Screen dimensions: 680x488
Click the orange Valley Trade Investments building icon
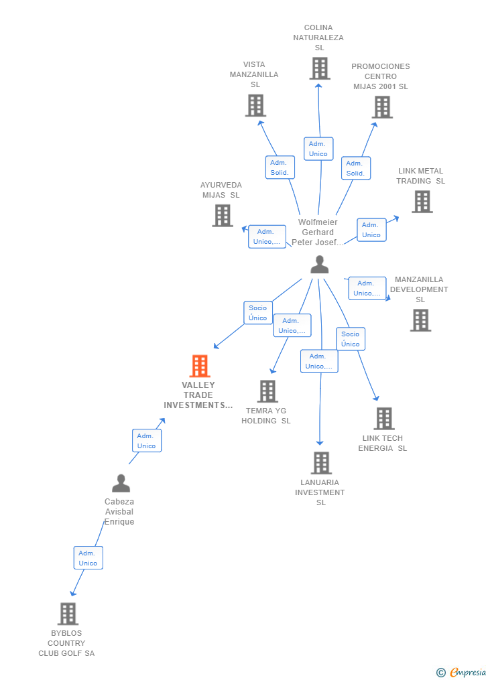click(x=200, y=366)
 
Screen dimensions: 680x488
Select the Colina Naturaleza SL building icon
click(x=320, y=68)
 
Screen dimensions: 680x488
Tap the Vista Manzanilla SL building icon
click(x=255, y=106)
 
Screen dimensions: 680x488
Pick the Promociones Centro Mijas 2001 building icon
click(x=382, y=107)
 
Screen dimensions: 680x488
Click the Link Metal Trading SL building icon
click(x=422, y=202)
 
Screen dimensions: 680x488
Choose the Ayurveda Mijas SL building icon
click(x=223, y=216)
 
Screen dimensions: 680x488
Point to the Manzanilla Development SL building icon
click(x=420, y=320)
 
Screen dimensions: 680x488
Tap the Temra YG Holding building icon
click(x=267, y=391)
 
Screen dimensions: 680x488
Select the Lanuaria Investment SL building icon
click(x=321, y=463)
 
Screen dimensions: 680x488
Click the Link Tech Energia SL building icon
click(x=384, y=419)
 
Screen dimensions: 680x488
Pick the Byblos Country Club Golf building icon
click(x=68, y=614)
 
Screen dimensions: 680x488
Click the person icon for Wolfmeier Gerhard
click(x=320, y=265)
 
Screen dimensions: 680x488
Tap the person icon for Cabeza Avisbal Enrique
click(x=121, y=483)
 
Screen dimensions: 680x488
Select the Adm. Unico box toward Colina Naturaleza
click(x=318, y=149)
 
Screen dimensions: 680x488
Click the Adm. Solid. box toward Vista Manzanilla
click(x=280, y=167)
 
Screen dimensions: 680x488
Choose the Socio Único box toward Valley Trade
click(x=258, y=313)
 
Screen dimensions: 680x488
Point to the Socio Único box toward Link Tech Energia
click(x=350, y=339)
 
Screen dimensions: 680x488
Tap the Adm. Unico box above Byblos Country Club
click(x=88, y=558)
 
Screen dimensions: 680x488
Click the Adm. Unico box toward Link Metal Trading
click(x=371, y=230)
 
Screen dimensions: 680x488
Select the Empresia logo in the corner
click(x=462, y=672)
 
